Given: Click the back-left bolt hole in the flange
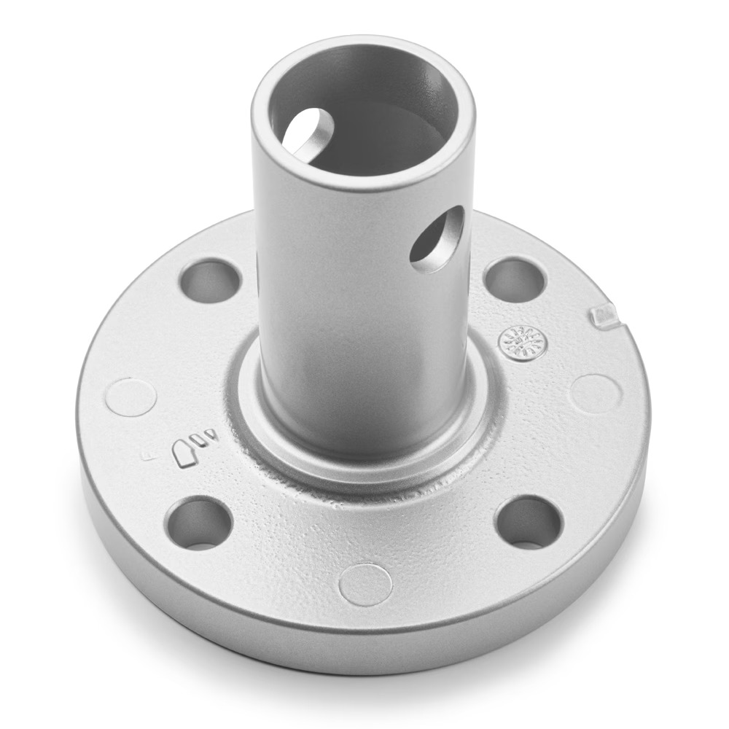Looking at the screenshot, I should pyautogui.click(x=210, y=281).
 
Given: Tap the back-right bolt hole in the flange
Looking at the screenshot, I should pyautogui.click(x=515, y=280).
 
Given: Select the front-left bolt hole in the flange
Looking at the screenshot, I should pyautogui.click(x=198, y=523).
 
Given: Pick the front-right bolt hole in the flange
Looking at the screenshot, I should pyautogui.click(x=529, y=521).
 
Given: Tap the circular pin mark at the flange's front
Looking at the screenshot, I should pyautogui.click(x=366, y=584).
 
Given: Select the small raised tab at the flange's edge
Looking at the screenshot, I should pyautogui.click(x=604, y=316).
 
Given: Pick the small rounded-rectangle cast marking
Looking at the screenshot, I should pyautogui.click(x=198, y=439).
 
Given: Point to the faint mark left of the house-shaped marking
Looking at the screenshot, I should pyautogui.click(x=147, y=457).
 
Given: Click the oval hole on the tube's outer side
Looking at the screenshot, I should pyautogui.click(x=437, y=239).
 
